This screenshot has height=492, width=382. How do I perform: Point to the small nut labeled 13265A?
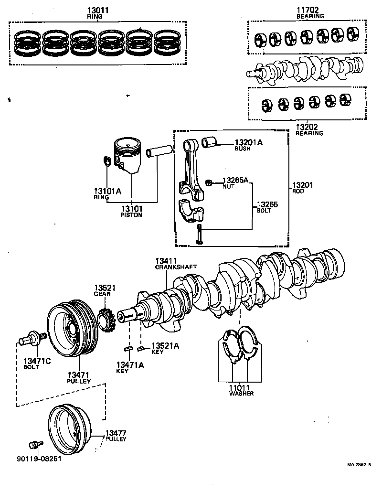pyautogui.click(x=208, y=182)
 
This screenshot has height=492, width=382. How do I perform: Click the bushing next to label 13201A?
pyautogui.click(x=210, y=142)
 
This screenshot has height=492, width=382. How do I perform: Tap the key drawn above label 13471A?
pyautogui.click(x=127, y=349)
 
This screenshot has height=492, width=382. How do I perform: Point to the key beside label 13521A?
pyautogui.click(x=140, y=348)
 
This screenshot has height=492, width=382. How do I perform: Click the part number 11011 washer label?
pyautogui.click(x=241, y=387)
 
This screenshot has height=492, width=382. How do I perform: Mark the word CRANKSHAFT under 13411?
pyautogui.click(x=176, y=267)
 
